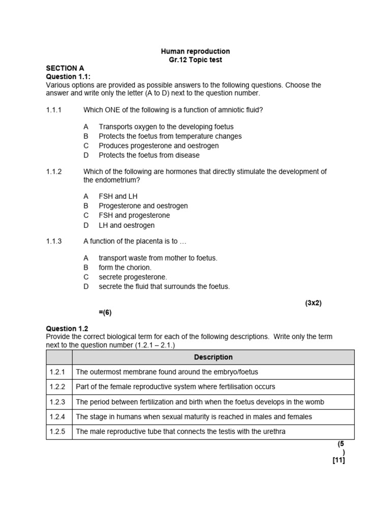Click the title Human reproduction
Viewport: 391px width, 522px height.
pos(195,51)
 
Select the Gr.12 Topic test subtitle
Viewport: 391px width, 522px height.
pos(195,60)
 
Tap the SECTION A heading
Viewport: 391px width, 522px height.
pos(65,68)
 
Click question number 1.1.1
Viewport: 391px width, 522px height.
pos(53,110)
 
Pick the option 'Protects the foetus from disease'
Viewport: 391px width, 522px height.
pos(149,155)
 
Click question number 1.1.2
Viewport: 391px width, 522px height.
pos(53,172)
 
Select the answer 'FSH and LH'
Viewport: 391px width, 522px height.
pos(118,196)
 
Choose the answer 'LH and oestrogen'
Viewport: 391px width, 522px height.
pos(126,225)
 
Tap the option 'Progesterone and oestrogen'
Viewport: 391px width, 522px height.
pos(143,206)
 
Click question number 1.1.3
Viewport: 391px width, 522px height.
pos(53,241)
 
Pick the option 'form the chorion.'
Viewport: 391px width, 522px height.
pos(125,268)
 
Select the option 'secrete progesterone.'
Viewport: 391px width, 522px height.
pos(132,277)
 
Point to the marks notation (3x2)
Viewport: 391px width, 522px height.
pos(314,303)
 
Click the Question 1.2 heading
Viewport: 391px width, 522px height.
pos(67,329)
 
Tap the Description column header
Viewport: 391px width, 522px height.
pos(213,357)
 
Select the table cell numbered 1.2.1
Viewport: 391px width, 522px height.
pos(59,372)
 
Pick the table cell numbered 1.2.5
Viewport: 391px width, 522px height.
pos(59,432)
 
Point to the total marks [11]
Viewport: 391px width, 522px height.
pos(339,460)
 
